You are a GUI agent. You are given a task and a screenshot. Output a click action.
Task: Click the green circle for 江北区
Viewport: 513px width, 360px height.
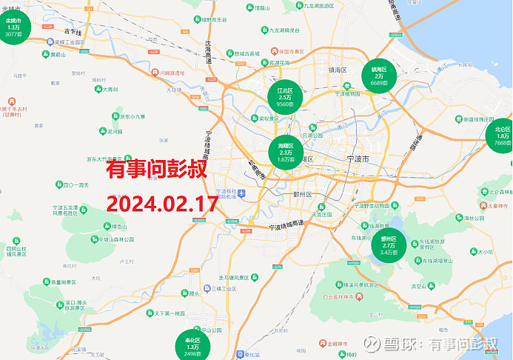(x=285, y=97)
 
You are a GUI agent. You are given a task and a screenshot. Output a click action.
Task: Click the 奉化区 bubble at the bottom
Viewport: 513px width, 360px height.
(x=193, y=345)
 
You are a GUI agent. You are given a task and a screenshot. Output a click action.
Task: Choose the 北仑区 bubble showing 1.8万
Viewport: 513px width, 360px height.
(x=503, y=136)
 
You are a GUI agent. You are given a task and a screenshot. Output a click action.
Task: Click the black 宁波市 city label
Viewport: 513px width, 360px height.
(x=362, y=159)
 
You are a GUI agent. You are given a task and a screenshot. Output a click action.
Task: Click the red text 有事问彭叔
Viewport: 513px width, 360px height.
(x=155, y=170)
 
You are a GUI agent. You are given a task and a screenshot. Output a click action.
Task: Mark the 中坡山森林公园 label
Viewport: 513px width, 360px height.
(x=112, y=239)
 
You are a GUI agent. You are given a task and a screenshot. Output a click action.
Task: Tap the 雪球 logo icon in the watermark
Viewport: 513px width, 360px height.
(x=392, y=344)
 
